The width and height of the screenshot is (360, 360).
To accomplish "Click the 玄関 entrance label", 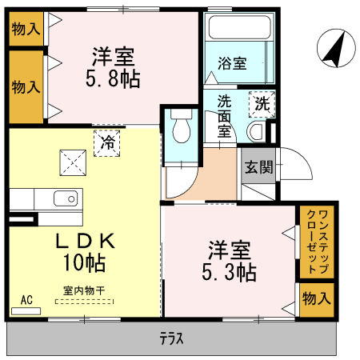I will pos(259,167).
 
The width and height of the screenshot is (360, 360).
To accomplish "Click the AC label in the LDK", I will pos(26,300).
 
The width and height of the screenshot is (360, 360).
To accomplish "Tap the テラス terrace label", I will pos(170,339).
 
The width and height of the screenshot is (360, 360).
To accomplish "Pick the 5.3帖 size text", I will pos(229,272).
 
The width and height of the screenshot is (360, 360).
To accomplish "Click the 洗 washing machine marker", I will pos(261,102).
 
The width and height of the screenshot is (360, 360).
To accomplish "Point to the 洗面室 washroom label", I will pos(224,117).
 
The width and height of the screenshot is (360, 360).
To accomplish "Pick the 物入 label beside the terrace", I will pos(316,298).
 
